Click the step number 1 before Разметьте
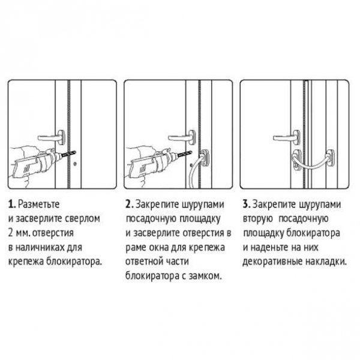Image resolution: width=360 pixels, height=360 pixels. pos(12,204)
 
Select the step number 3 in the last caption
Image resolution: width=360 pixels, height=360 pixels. pos(245,204)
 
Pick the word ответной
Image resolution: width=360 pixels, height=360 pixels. pos(145,262)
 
